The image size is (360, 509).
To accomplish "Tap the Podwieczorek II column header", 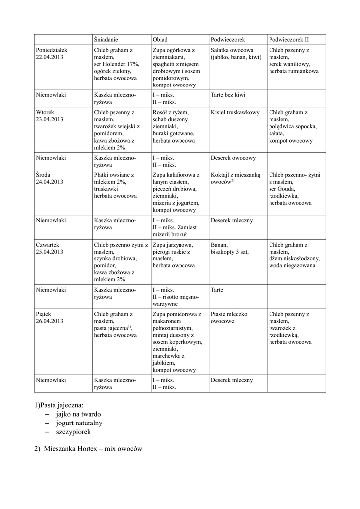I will click(289, 39).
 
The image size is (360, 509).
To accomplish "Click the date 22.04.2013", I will click(50, 57).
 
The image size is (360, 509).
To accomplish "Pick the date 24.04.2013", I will click(50, 182).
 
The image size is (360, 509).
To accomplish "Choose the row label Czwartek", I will click(48, 245).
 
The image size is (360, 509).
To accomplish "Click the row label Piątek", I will click(44, 314).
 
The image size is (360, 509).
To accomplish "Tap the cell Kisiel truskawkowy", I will click(235, 112).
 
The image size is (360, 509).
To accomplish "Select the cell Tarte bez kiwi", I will click(228, 95).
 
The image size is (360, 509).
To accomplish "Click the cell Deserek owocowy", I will click(233, 158).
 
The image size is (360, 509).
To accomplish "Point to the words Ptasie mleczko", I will click(229, 314).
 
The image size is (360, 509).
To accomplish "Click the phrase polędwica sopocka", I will click(293, 126).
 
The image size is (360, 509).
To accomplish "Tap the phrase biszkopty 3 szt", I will click(229, 252).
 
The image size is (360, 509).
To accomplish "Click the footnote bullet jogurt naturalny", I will click(79, 423).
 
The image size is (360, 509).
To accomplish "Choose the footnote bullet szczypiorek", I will click(73, 432).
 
